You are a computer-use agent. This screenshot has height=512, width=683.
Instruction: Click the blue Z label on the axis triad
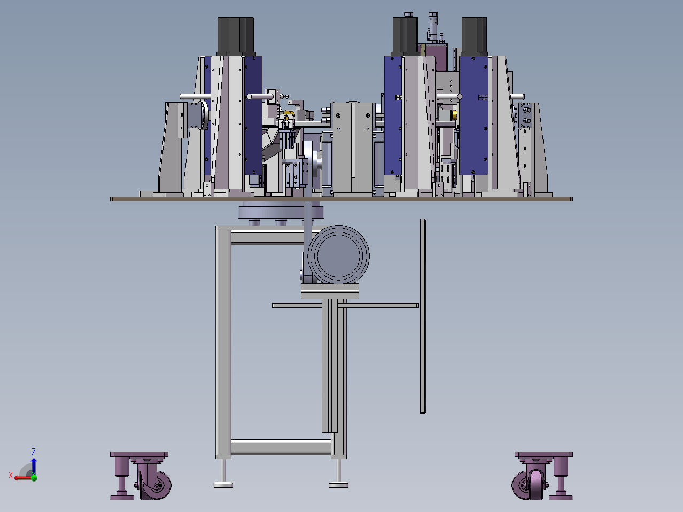tap(34, 452)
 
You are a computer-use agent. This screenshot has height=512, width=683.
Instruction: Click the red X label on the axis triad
tap(11, 475)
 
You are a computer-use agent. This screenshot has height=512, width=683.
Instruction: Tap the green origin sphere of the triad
tap(34, 478)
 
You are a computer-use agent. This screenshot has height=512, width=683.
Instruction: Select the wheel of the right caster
tap(527, 485)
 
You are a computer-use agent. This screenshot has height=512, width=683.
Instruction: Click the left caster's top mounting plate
tap(139, 454)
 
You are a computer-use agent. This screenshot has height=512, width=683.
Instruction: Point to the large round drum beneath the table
tap(338, 255)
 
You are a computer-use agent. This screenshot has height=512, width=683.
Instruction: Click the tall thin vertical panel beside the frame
tap(423, 316)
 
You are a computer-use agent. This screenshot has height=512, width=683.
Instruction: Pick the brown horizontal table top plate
tap(342, 199)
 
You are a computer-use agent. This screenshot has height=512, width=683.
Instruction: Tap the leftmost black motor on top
tap(236, 36)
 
